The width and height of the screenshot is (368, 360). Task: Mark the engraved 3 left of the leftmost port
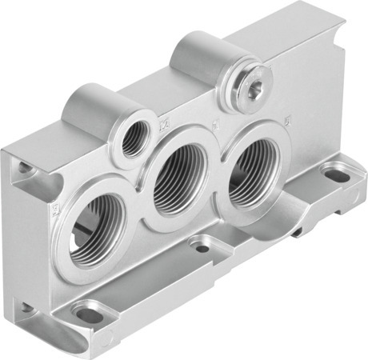pos(55,210)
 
